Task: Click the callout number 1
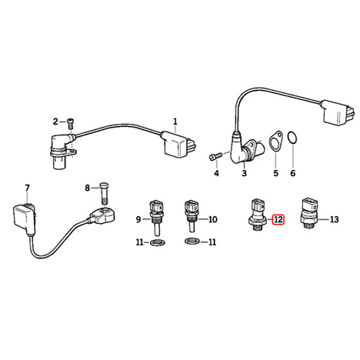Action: tap(175, 122)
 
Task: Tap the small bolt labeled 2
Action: tap(70, 124)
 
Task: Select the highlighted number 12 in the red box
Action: tap(278, 219)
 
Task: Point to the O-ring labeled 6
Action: tap(292, 137)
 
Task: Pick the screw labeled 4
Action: tap(215, 156)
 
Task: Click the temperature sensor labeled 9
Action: tap(155, 218)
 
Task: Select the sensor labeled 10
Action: tap(191, 216)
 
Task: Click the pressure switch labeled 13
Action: tap(309, 213)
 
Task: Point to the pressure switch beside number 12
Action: tap(258, 214)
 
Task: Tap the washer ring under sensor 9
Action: tap(157, 242)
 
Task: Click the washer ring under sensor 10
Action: tap(192, 242)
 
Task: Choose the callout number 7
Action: tap(27, 188)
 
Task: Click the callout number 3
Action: tap(244, 173)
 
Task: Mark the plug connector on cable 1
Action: tap(178, 145)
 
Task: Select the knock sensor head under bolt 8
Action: tap(102, 215)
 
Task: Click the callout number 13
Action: tap(334, 219)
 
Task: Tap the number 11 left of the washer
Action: tap(139, 242)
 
